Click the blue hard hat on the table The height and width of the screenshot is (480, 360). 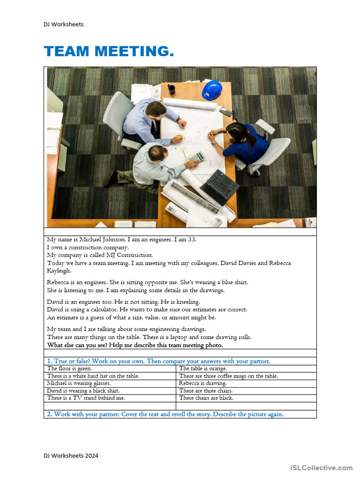[x=212, y=90]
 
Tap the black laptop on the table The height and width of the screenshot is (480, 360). [x=220, y=186]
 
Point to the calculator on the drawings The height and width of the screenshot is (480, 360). [x=196, y=157]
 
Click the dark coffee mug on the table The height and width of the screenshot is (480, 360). [x=172, y=89]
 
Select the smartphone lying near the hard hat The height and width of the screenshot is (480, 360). [x=226, y=112]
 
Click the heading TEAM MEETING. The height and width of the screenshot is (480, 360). [x=109, y=52]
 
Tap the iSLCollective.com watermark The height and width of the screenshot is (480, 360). [x=321, y=468]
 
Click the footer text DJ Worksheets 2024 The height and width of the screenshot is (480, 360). [x=71, y=456]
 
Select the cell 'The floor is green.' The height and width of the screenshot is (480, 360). [x=69, y=369]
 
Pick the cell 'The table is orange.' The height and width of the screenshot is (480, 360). [x=203, y=369]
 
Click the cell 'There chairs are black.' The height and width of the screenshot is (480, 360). [x=206, y=398]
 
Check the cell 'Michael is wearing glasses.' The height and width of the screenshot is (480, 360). [x=79, y=383]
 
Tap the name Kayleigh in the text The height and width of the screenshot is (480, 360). [x=59, y=270]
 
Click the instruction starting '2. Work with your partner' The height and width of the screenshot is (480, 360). [x=165, y=414]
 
